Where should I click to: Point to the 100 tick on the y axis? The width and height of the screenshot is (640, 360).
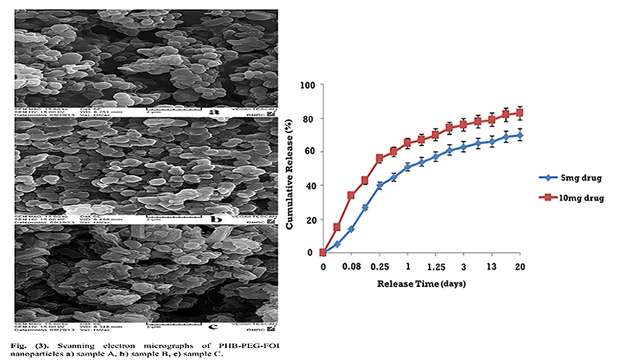307,85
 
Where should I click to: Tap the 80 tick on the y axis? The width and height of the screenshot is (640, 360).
309,119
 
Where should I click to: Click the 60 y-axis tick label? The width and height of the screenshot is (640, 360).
309,152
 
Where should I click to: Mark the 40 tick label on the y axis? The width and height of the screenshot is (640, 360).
309,186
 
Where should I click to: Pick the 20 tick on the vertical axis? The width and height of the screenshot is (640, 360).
309,220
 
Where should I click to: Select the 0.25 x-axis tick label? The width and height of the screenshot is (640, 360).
380,267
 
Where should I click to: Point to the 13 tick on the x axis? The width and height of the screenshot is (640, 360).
492,267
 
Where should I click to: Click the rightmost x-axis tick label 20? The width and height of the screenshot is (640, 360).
520,267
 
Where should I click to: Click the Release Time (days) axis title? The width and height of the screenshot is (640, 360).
421,284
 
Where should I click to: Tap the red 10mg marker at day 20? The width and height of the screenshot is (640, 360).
520,112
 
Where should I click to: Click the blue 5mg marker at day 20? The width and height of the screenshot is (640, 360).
520,135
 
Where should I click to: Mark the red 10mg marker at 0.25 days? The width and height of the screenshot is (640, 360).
380,159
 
